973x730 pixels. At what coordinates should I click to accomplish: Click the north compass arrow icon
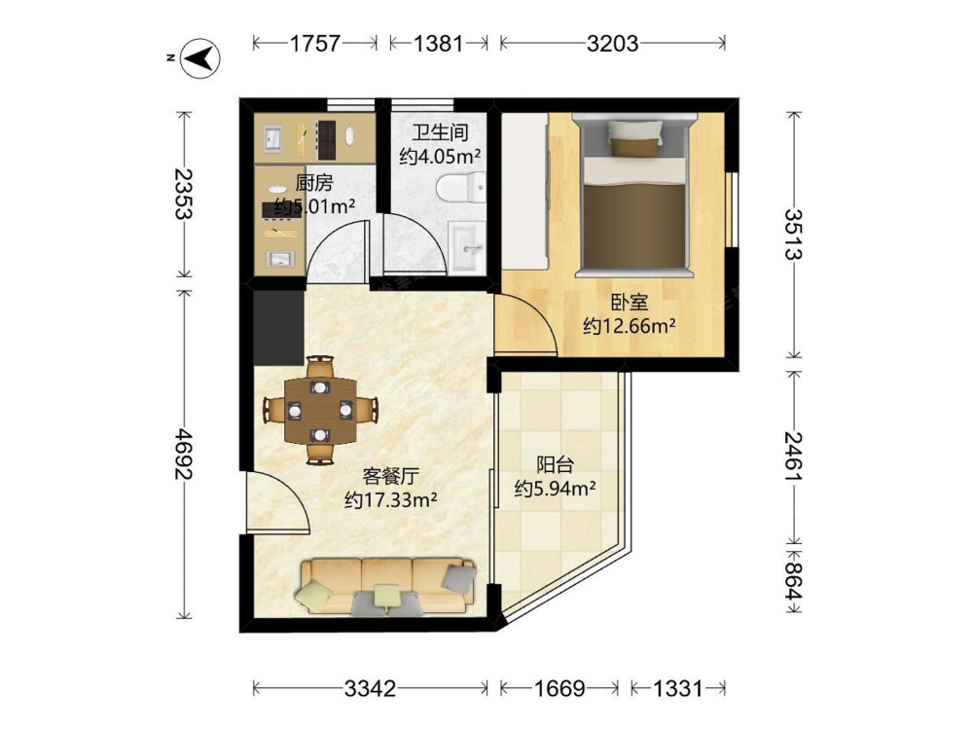click(199, 58)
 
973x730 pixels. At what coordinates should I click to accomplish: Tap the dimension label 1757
click(315, 44)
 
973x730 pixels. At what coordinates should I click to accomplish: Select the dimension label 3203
click(612, 44)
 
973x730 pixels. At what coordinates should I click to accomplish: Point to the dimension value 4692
click(183, 454)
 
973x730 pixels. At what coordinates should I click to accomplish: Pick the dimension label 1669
click(559, 688)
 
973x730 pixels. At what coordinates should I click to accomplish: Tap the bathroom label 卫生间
click(441, 132)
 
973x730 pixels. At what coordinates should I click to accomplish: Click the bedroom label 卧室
click(630, 303)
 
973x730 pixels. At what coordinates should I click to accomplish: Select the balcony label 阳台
click(555, 465)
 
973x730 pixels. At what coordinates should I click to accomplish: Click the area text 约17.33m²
click(391, 499)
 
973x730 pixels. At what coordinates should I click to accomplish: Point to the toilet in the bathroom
click(461, 188)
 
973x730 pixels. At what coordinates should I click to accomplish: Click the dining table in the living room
click(320, 410)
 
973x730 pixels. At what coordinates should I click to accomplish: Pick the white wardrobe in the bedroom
click(525, 191)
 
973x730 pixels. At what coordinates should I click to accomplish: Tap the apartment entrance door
click(277, 503)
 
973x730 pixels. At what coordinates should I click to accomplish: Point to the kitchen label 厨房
click(314, 183)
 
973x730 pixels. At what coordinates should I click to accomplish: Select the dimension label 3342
click(371, 688)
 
